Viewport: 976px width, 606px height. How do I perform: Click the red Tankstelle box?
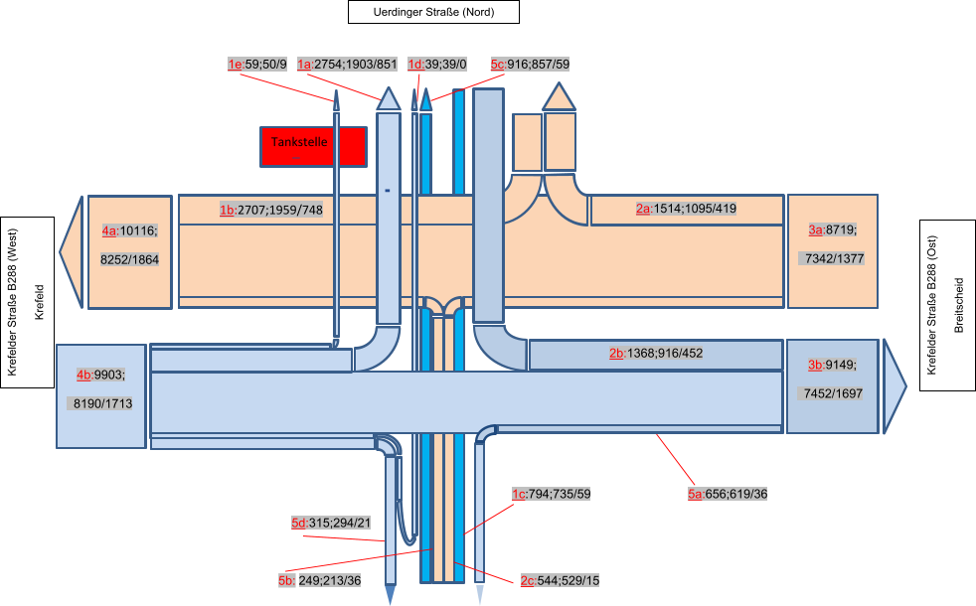tap(313, 146)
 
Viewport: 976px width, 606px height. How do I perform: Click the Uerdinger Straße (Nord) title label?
tap(433, 12)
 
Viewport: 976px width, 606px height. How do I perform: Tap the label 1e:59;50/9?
tap(257, 65)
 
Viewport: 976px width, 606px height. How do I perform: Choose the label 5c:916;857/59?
tap(530, 65)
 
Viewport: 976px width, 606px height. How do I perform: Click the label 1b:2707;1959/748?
tap(271, 211)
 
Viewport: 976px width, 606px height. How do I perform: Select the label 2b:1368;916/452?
tap(656, 354)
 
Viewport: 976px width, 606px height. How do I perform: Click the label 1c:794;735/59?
tap(551, 494)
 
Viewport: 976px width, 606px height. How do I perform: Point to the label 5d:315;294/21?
tap(331, 524)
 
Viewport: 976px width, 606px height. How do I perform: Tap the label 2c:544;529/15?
tap(560, 580)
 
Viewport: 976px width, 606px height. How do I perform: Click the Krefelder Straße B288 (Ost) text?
tap(931, 305)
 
